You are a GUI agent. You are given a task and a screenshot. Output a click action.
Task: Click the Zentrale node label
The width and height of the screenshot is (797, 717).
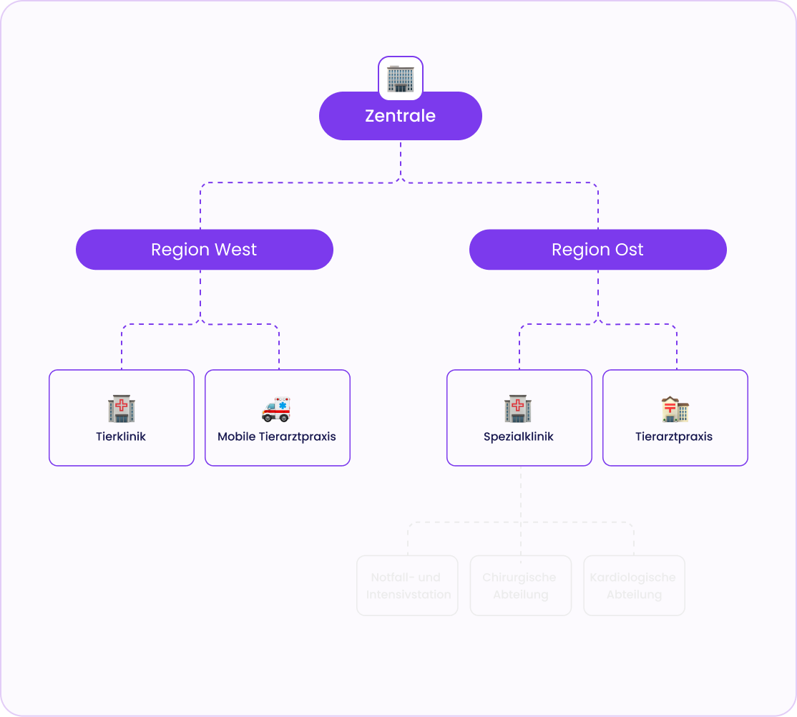click(400, 116)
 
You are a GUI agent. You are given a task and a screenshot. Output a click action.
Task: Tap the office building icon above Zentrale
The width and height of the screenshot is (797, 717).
click(401, 78)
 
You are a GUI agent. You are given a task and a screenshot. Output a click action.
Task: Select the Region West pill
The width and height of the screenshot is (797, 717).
click(204, 250)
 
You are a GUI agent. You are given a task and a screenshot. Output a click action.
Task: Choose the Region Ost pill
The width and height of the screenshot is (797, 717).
click(597, 250)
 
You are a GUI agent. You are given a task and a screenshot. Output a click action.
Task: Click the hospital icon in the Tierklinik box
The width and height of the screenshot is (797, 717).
click(122, 409)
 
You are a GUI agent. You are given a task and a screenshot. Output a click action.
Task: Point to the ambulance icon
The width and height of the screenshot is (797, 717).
click(276, 409)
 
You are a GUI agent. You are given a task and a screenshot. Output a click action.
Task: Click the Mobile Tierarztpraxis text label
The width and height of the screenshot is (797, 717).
click(277, 436)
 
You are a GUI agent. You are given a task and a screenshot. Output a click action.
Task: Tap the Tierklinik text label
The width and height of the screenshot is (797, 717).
click(121, 436)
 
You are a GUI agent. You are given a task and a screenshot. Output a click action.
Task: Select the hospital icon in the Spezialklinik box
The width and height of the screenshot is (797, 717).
click(518, 409)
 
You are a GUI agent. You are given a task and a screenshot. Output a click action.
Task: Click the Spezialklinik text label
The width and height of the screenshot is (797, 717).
click(519, 436)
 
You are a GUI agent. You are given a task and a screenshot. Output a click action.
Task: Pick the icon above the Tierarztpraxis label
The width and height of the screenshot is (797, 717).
click(675, 409)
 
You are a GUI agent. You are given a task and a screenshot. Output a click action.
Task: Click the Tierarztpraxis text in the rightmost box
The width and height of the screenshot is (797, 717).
click(674, 436)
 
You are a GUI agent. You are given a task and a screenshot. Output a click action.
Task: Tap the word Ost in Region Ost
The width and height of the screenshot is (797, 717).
click(627, 250)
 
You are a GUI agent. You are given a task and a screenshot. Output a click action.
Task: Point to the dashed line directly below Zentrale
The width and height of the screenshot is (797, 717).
click(401, 160)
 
